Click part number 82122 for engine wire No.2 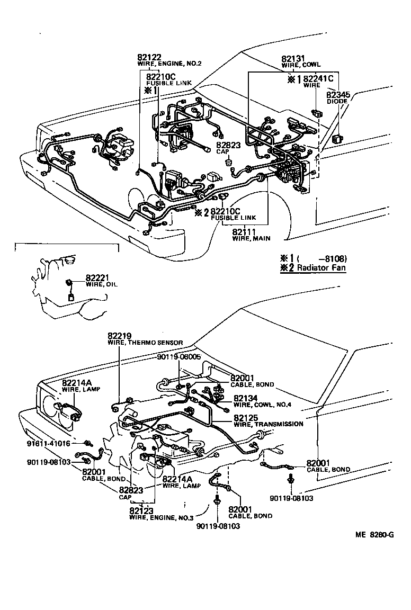(148, 57)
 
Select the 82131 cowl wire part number (293, 59)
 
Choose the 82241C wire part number (318, 79)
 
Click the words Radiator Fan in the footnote (321, 268)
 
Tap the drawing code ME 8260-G (374, 534)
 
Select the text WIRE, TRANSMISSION (269, 424)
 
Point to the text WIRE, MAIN (251, 239)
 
